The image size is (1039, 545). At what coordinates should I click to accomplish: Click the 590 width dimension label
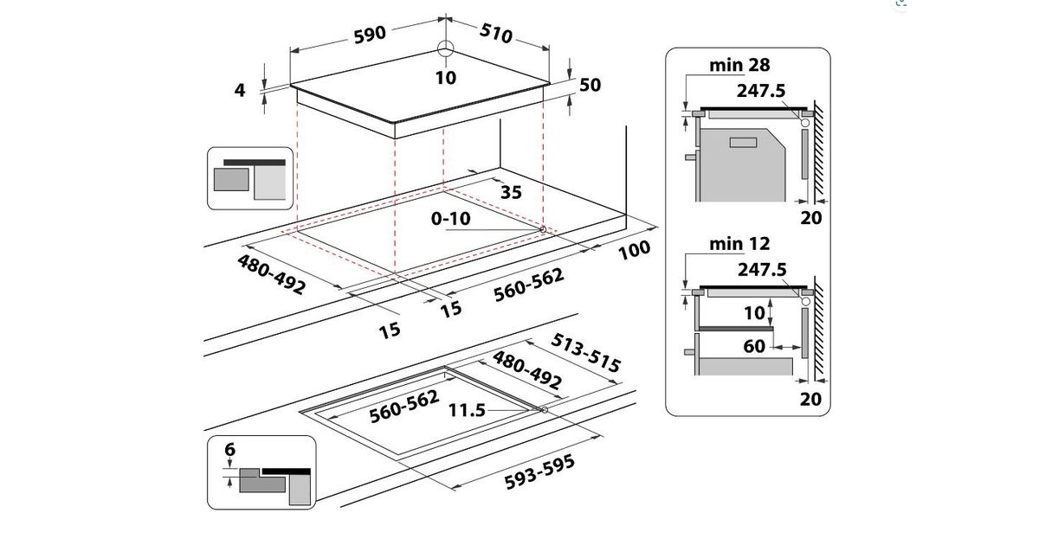(370, 35)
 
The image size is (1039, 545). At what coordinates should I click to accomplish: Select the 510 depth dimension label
(496, 33)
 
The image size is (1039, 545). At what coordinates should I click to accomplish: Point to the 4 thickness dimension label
(239, 90)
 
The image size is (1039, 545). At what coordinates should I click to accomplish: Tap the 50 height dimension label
(590, 85)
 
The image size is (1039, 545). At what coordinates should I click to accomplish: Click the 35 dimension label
(511, 192)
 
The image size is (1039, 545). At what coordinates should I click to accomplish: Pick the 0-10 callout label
(450, 218)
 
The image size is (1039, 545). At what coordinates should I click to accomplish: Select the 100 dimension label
(635, 250)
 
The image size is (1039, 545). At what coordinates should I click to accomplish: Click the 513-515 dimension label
(585, 353)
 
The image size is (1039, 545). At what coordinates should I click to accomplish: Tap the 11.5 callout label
(467, 410)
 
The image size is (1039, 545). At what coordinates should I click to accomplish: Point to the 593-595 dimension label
(539, 471)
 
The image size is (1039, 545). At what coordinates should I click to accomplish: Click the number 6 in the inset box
(230, 450)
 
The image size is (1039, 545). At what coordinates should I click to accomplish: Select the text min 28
(739, 66)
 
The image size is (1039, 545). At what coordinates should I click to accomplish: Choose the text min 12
(739, 244)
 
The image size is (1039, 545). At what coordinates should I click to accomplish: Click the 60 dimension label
(754, 346)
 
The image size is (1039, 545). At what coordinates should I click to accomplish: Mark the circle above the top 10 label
(446, 48)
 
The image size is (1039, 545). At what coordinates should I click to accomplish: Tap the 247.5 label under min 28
(761, 91)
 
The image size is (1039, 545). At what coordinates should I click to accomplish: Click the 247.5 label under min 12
(762, 269)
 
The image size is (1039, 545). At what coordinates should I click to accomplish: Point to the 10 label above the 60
(754, 313)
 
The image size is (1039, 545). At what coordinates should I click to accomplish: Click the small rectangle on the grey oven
(743, 142)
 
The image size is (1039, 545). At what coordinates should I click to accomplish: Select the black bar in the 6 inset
(287, 471)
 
